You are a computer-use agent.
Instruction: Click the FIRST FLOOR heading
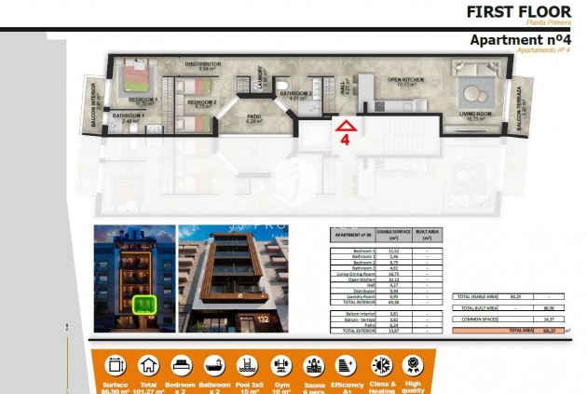(518, 12)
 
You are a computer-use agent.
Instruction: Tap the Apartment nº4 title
(519, 40)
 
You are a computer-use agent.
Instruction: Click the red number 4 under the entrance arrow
(345, 141)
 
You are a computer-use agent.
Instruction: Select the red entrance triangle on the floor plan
(345, 126)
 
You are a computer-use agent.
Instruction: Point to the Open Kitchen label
(405, 80)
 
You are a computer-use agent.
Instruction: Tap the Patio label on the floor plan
(253, 116)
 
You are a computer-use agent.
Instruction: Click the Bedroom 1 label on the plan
(143, 99)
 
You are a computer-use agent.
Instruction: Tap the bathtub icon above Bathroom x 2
(214, 364)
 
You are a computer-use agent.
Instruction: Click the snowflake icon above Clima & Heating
(380, 364)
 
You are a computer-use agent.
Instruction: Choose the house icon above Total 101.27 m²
(148, 364)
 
